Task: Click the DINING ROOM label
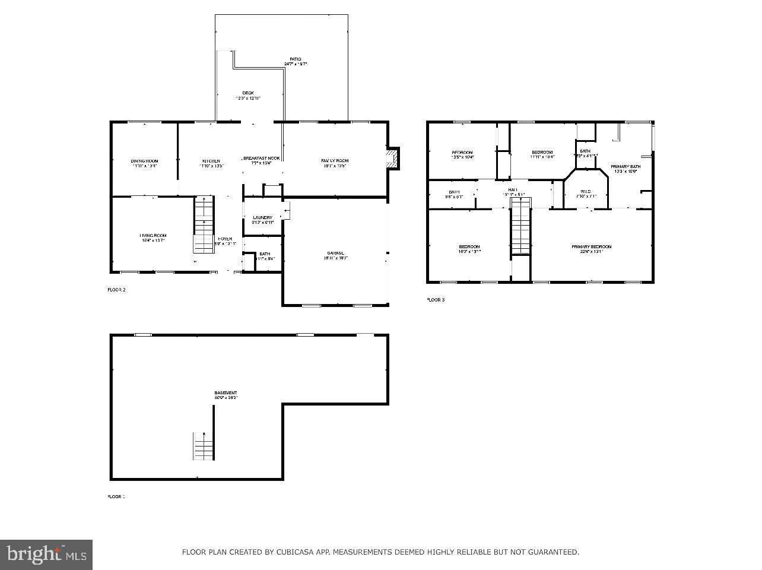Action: [x=144, y=161]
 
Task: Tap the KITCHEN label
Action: [x=211, y=161]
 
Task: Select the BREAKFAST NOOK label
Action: [x=261, y=159]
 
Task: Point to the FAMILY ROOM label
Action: [x=335, y=161]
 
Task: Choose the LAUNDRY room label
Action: [x=262, y=218]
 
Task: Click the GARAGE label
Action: [x=335, y=254]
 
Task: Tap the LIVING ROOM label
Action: [x=153, y=236]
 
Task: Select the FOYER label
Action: [x=225, y=239]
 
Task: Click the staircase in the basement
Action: [x=203, y=446]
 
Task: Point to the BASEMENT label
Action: [x=226, y=393]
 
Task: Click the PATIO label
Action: [x=295, y=59]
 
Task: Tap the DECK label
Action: [x=248, y=93]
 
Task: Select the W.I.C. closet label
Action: [x=586, y=191]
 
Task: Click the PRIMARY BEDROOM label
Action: [x=591, y=247]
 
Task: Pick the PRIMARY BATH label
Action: [x=626, y=167]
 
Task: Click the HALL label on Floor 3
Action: [x=513, y=189]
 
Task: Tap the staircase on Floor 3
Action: [x=520, y=227]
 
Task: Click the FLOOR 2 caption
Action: [x=116, y=290]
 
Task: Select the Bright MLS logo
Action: [x=46, y=555]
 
